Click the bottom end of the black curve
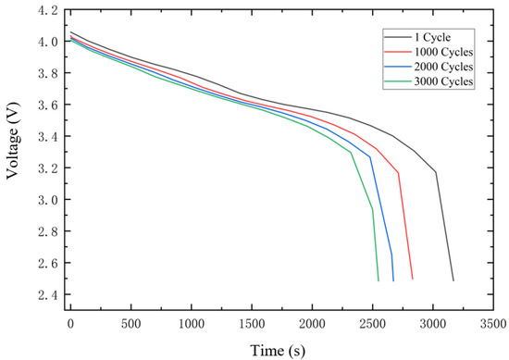coord(453,279)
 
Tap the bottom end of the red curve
coord(412,279)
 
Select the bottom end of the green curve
coord(379,279)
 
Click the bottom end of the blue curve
coord(393,279)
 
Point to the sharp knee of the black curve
coord(436,172)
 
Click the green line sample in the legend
coord(394,81)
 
